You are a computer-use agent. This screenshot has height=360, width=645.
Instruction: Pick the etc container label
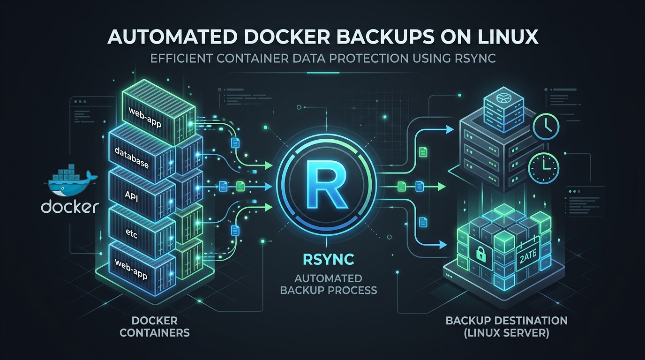132,232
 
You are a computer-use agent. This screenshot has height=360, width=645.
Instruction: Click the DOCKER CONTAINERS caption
155,327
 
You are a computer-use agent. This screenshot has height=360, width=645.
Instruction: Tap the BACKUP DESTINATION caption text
506,322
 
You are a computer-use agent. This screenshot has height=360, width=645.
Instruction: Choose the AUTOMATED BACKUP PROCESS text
328,283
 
